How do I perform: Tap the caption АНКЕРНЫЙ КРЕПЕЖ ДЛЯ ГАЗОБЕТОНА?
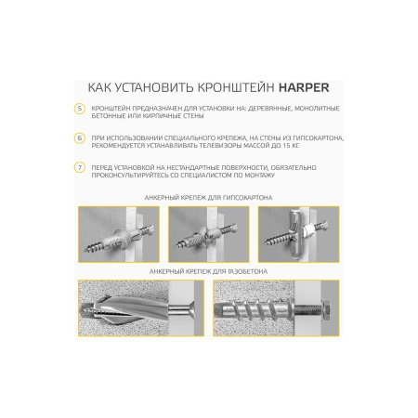tap(209, 270)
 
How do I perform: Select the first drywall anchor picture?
tap(118, 233)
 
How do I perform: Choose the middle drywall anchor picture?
tap(208, 233)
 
